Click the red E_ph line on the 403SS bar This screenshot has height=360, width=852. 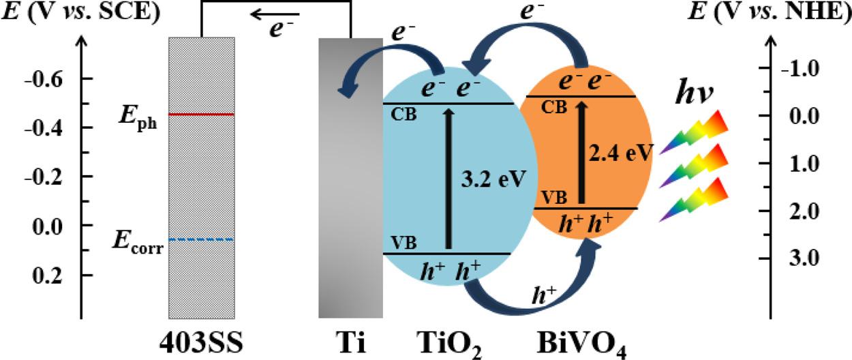pos(202,114)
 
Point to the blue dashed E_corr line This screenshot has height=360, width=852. pos(202,239)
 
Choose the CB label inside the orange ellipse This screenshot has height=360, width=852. pos(554,108)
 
